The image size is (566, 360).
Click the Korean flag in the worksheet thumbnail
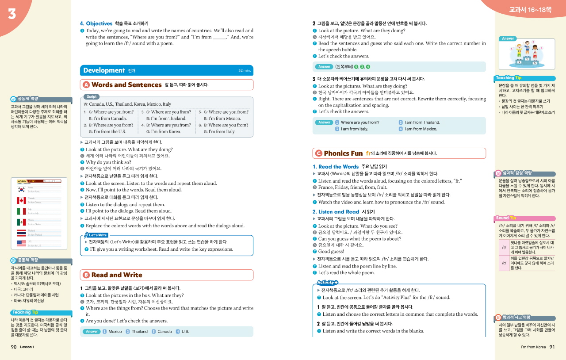pos(21,190)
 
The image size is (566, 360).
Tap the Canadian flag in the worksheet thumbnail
pos(21,200)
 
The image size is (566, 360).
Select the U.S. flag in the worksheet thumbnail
pos(21,244)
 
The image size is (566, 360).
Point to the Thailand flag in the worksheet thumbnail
pos(21,233)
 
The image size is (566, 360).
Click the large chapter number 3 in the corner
pos(12,14)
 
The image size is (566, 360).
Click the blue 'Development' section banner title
pos(104,70)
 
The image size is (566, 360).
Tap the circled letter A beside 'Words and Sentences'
pos(86,85)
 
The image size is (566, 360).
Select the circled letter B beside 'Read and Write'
pos(86,275)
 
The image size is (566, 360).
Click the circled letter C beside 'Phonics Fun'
pos(318,153)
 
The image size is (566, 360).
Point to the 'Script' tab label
pos(92,96)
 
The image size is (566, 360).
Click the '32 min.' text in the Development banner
pos(244,71)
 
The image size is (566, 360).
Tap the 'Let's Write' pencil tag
pos(96,235)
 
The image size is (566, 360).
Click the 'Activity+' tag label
pos(327,283)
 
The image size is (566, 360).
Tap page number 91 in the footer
pos(551,347)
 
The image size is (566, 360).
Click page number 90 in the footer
pos(14,347)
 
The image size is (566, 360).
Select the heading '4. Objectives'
pos(96,23)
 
